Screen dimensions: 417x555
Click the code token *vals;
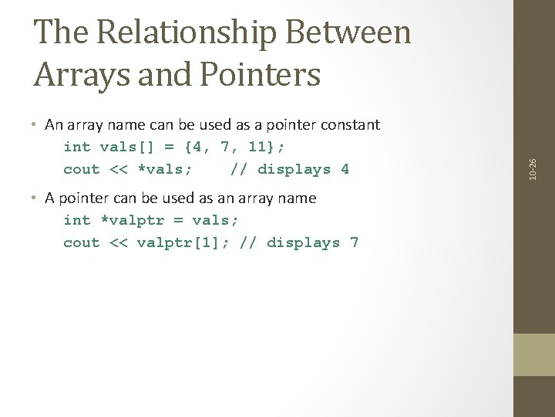tap(165, 169)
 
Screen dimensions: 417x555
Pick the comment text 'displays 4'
tap(304, 169)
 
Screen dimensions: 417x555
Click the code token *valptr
tap(128, 220)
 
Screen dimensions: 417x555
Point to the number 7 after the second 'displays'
tap(354, 242)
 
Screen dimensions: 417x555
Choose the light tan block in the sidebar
tap(533, 354)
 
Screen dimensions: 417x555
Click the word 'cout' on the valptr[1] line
tap(82, 242)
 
